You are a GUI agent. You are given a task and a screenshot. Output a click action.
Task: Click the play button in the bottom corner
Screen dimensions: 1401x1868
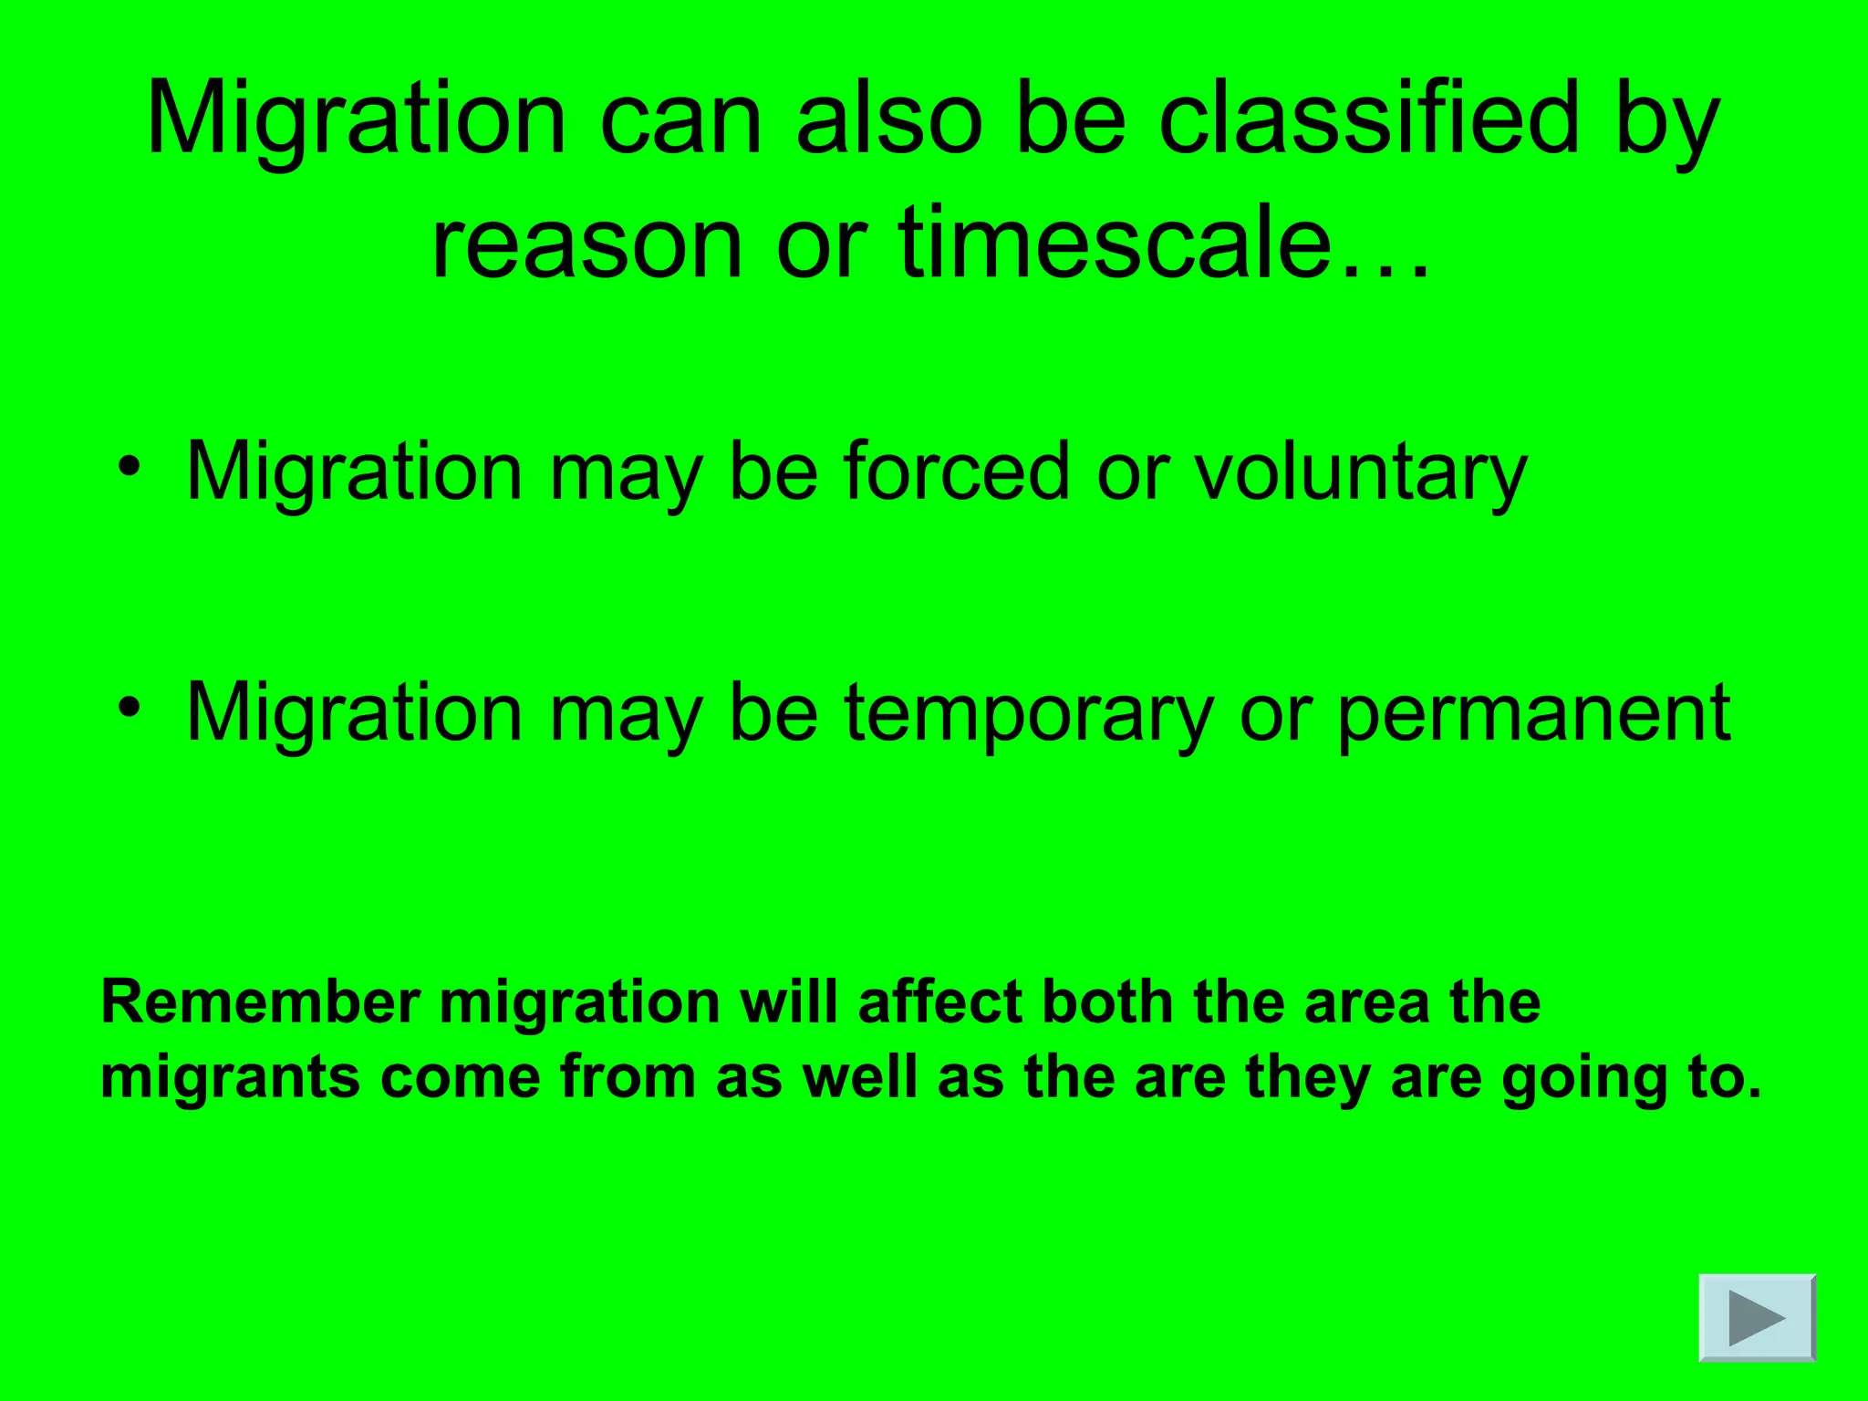click(x=1757, y=1318)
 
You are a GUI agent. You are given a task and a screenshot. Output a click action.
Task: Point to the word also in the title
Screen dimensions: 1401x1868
click(x=889, y=119)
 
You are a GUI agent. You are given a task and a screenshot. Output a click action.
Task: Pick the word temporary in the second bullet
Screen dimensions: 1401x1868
click(x=1028, y=715)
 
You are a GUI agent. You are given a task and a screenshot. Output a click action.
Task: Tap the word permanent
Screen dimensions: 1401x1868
click(x=1533, y=715)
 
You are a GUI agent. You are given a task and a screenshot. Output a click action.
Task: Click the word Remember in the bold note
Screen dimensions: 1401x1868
click(x=260, y=1002)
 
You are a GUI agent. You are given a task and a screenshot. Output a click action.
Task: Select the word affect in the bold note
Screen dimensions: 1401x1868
click(x=939, y=1002)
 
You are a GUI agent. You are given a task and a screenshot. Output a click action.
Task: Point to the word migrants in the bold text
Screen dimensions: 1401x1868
click(x=231, y=1079)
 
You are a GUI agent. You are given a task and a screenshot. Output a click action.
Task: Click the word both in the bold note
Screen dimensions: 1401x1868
click(x=1106, y=1002)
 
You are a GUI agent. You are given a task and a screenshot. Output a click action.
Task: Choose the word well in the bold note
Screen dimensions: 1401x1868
click(x=859, y=1077)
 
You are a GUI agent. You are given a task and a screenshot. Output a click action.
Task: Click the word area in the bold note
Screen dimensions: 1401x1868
click(x=1366, y=1004)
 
